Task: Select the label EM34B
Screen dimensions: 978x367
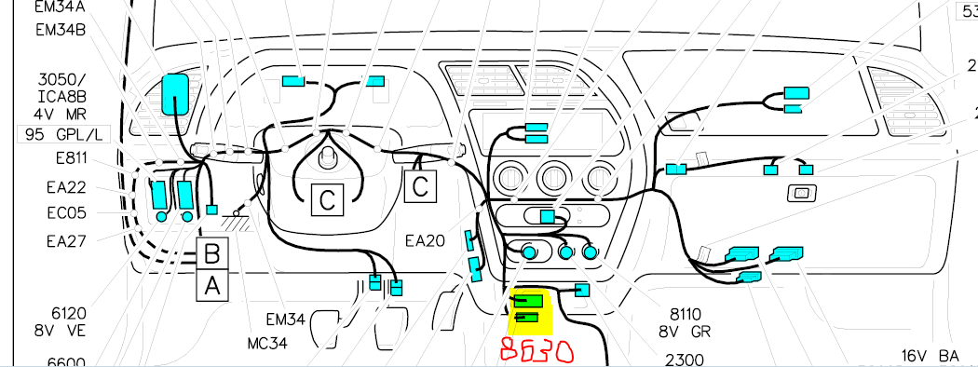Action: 61,30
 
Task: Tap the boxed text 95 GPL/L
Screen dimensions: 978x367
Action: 58,134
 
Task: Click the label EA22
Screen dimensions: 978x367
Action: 66,187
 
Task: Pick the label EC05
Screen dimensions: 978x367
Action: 66,213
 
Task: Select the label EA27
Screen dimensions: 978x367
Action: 66,241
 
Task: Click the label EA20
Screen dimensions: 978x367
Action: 426,240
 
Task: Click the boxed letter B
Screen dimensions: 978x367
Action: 212,252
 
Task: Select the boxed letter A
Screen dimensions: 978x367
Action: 212,286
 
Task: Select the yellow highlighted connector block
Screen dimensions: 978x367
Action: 531,310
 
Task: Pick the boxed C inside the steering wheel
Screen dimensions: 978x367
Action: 325,197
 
